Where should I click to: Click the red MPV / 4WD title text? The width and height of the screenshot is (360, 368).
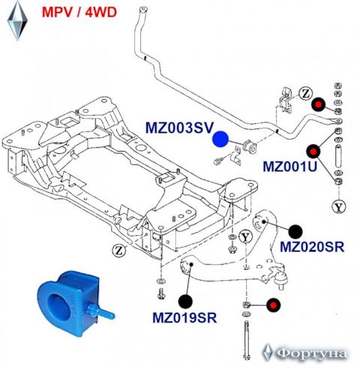79,12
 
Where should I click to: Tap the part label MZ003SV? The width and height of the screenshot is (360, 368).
179,128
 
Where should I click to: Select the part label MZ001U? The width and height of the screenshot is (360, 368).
290,166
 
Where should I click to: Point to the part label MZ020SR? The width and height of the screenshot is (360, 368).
312,247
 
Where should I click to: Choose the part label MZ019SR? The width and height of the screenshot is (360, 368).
184,318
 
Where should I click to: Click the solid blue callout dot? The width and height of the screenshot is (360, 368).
220,139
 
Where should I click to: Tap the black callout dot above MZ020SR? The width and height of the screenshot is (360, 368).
295,231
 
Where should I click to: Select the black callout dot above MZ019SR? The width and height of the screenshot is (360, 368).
185,301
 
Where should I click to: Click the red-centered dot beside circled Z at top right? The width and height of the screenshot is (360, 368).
318,104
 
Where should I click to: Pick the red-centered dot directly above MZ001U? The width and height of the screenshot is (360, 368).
313,151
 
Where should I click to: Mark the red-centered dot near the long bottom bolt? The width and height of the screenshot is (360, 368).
273,305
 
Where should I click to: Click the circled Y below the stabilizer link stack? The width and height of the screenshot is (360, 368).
339,207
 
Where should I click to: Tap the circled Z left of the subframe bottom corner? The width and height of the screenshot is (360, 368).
118,250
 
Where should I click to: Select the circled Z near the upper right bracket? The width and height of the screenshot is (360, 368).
306,94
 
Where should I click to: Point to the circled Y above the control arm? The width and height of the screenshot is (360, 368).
245,237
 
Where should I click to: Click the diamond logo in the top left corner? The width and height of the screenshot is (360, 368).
17,20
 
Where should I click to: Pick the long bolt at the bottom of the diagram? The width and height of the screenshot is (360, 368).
247,340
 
